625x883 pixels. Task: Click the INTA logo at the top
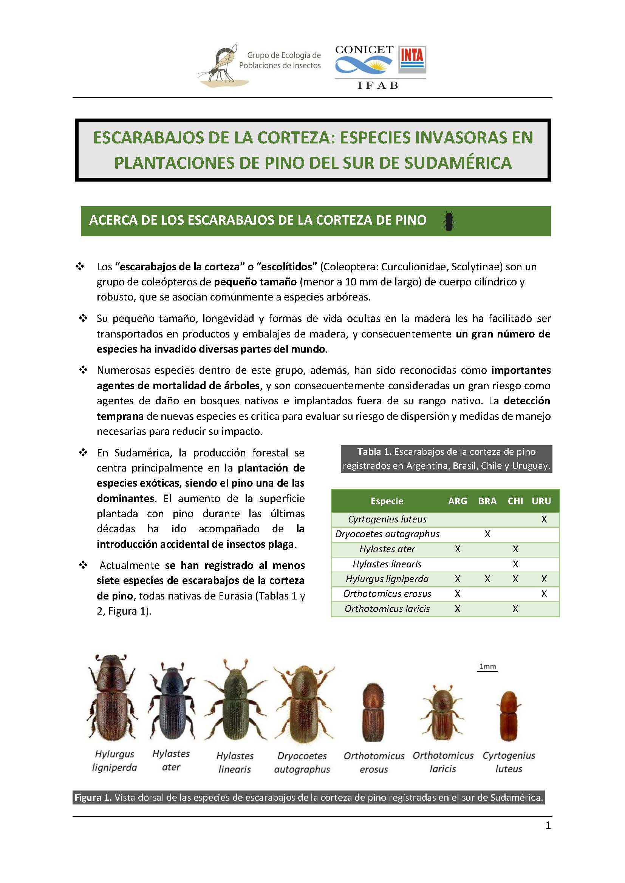click(x=412, y=59)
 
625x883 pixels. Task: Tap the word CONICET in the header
click(x=364, y=49)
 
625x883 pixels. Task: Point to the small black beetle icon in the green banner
click(x=449, y=221)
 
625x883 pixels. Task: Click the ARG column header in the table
click(x=457, y=501)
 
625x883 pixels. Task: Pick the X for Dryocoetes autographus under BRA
click(x=487, y=534)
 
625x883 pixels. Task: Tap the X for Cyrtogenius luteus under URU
click(x=544, y=519)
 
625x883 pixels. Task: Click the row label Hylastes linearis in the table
click(x=387, y=564)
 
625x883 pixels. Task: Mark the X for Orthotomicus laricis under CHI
click(x=515, y=609)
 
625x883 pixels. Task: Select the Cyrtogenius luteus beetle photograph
click(x=508, y=716)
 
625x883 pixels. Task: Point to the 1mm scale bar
click(x=487, y=671)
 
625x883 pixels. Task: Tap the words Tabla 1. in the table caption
click(x=374, y=452)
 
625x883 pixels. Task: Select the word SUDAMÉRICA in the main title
click(x=459, y=162)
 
